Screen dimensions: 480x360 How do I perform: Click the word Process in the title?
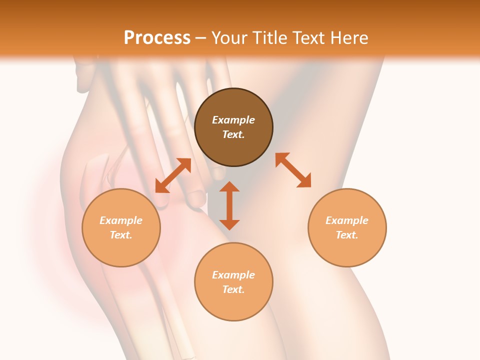(x=157, y=38)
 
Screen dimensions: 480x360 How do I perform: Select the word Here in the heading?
(x=349, y=38)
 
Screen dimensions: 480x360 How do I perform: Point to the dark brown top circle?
(x=233, y=127)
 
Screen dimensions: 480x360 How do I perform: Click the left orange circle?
(x=121, y=227)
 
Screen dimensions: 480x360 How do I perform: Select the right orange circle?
(x=347, y=227)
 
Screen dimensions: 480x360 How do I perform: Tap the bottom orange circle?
(x=233, y=281)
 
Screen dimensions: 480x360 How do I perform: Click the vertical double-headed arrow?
(x=229, y=205)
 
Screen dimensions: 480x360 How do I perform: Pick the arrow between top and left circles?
(x=173, y=175)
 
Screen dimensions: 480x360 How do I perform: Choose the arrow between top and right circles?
(x=293, y=169)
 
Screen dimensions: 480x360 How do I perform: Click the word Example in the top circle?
(x=233, y=119)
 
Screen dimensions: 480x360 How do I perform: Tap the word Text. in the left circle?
(x=121, y=235)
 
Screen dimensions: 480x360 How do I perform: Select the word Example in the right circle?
(x=347, y=220)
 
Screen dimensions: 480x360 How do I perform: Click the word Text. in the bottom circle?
(x=233, y=289)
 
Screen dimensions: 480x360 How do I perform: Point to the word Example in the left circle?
(x=121, y=220)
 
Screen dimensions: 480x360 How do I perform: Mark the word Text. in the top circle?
(x=233, y=134)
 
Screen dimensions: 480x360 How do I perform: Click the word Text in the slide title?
(x=309, y=38)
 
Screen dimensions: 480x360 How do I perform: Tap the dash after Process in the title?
(x=200, y=39)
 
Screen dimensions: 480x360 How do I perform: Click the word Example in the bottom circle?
(x=233, y=275)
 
